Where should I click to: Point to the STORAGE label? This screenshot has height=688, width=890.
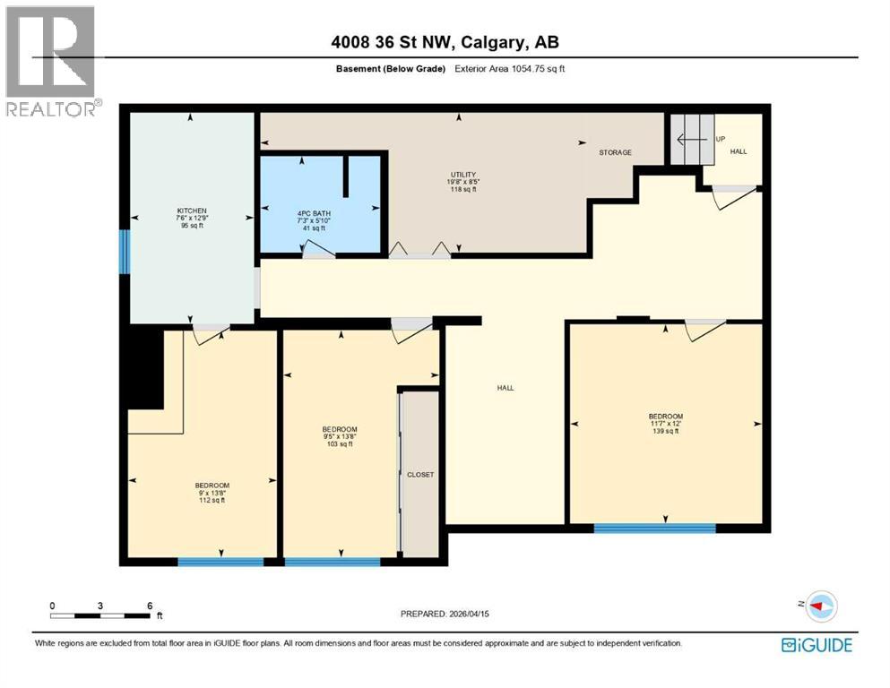[x=615, y=152]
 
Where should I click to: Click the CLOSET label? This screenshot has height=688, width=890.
[x=419, y=475]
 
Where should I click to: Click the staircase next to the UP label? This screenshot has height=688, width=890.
[x=692, y=140]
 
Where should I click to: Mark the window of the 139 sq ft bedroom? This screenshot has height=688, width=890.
[x=654, y=529]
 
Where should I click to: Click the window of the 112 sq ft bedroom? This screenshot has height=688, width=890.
[x=220, y=562]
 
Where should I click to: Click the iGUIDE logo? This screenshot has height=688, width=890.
[x=816, y=645]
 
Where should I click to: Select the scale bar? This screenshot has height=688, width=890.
[x=100, y=615]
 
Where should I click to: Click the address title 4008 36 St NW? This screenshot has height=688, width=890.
[x=445, y=42]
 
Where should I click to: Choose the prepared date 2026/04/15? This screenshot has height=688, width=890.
[x=445, y=614]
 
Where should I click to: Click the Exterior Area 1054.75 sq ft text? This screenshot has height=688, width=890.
[x=509, y=69]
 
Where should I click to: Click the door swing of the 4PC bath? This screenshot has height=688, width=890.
[x=318, y=252]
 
